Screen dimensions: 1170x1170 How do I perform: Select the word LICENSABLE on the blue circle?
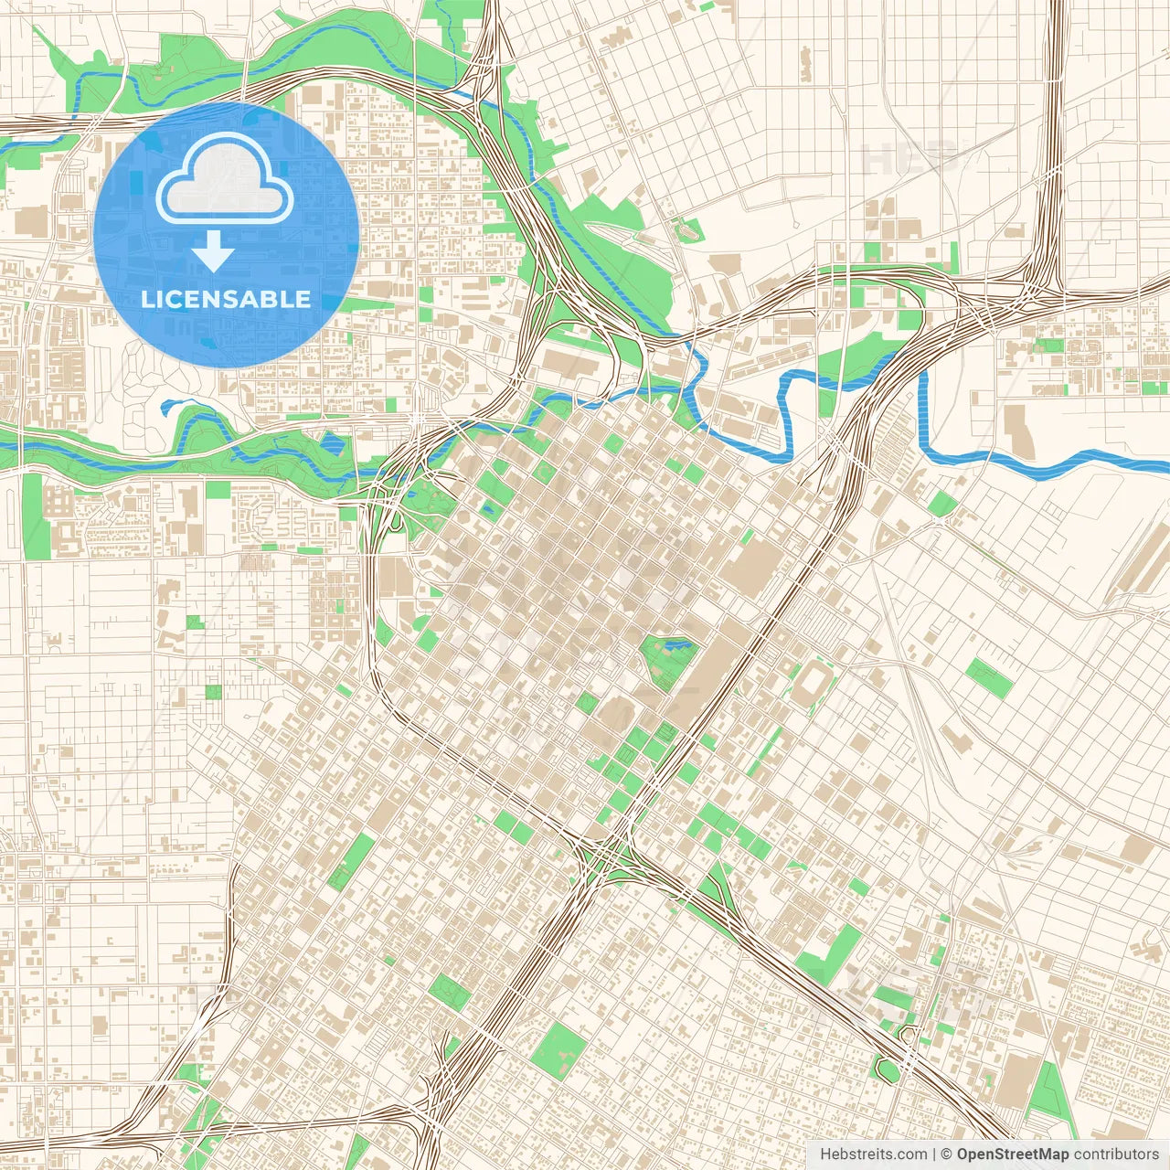point(226,299)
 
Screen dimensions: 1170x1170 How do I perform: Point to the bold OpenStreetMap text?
point(1013,1154)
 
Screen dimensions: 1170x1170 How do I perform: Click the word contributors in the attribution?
point(1116,1154)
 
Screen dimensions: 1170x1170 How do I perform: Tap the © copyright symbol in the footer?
point(947,1154)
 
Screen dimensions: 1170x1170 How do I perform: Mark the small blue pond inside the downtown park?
point(677,645)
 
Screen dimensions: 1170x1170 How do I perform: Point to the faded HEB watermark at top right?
point(909,158)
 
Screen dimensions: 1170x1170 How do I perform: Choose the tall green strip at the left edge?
point(32,516)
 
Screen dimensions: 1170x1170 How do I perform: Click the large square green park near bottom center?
point(558,1050)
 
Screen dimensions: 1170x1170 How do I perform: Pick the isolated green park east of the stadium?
point(989,678)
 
